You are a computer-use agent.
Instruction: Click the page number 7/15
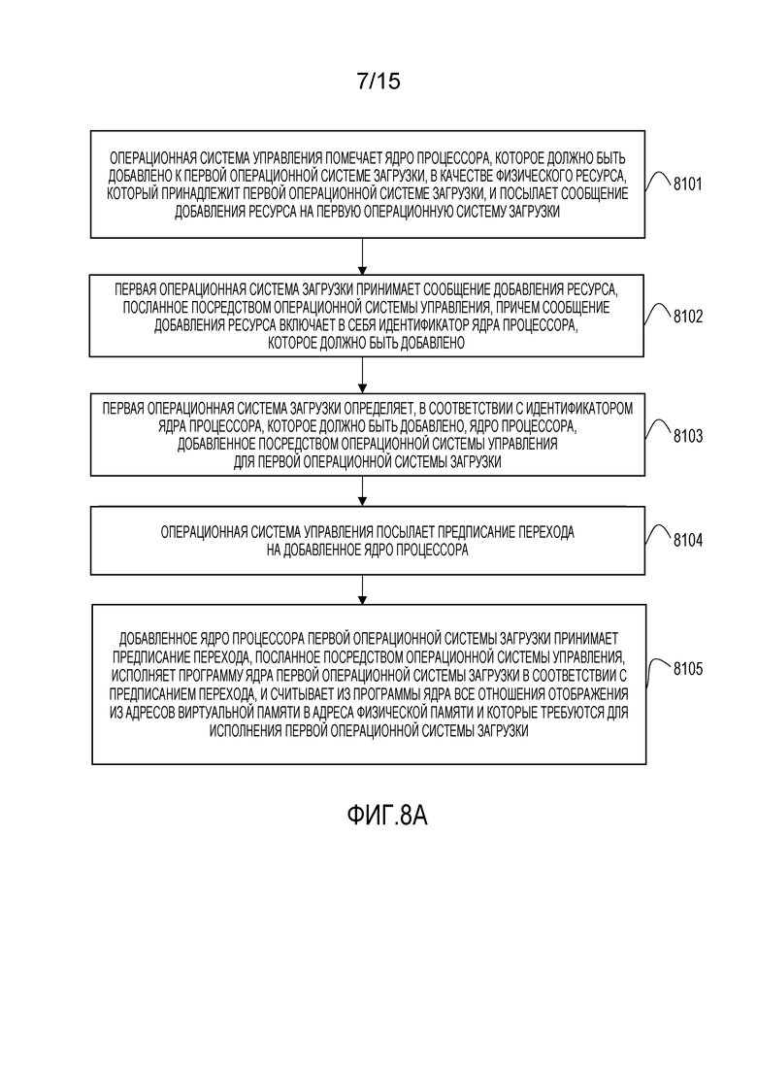coord(378,82)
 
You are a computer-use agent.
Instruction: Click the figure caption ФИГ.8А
coord(386,815)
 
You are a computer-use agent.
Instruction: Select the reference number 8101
coord(687,184)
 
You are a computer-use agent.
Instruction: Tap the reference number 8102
coord(687,317)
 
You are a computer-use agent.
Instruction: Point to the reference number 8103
coord(687,436)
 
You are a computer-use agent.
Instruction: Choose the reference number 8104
coord(687,540)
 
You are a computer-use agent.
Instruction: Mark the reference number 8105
coord(687,668)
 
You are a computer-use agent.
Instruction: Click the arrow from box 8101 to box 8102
coord(362,256)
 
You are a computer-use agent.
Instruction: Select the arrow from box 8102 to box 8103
coord(362,375)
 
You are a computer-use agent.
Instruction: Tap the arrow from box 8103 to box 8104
coord(362,491)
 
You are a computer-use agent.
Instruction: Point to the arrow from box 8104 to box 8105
coord(362,589)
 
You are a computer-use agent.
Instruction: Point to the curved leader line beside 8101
coord(658,180)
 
